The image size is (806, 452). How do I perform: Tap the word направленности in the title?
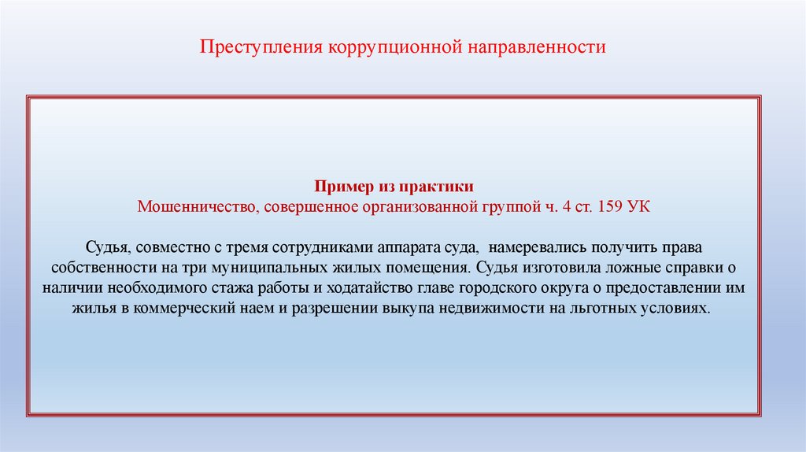(538, 47)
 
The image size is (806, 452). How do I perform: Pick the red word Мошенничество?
(194, 207)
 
